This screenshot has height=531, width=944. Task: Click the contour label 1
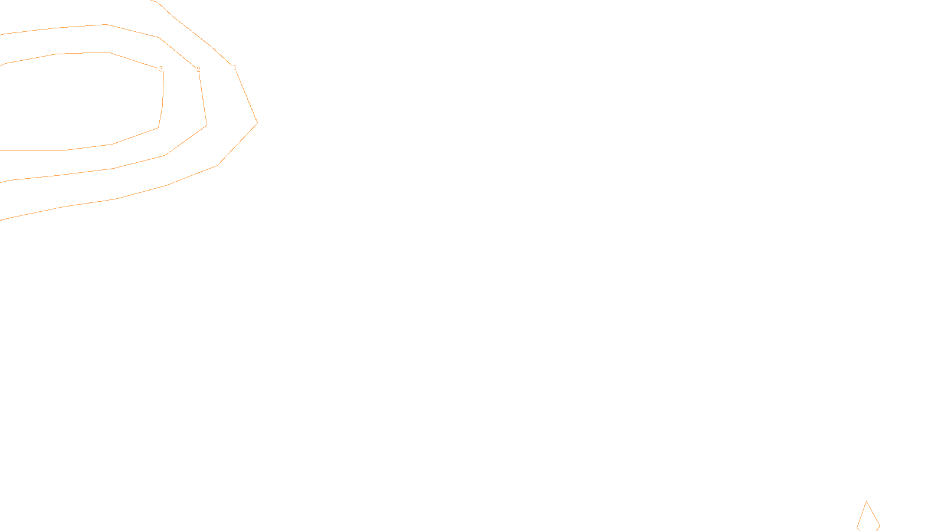click(235, 68)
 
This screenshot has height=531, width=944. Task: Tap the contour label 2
click(198, 70)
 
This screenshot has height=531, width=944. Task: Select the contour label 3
click(160, 69)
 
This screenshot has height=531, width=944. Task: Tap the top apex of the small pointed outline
click(867, 502)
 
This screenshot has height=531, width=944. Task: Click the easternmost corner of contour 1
click(257, 123)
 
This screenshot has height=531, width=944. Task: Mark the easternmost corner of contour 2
click(206, 125)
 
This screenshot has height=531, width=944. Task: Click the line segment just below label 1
click(245, 96)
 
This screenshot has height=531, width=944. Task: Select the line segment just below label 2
click(202, 97)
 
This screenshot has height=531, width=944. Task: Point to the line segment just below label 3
click(163, 88)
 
